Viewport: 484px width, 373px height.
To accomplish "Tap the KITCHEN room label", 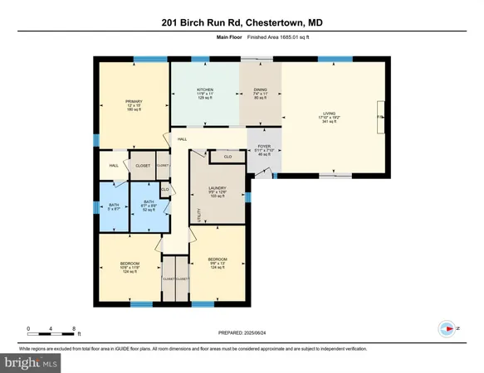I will (x=205, y=89).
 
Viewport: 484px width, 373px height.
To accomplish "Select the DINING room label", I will (x=260, y=89).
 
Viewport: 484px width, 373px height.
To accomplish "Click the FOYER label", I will (x=265, y=146).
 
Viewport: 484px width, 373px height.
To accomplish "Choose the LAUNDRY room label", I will (x=218, y=190).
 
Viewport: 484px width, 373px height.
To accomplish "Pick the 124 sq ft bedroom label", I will (x=218, y=259).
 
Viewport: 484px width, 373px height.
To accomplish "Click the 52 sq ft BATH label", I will (x=149, y=202).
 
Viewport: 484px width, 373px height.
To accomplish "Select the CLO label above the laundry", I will (x=227, y=156).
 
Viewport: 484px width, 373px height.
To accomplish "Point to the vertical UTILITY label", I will (x=198, y=216).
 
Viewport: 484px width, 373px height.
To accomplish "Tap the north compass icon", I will (x=449, y=329).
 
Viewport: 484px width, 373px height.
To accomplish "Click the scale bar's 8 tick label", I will (x=73, y=329).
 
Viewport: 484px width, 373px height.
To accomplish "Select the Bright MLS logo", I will (x=31, y=362).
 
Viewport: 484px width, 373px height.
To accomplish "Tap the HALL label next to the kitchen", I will (x=182, y=139).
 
